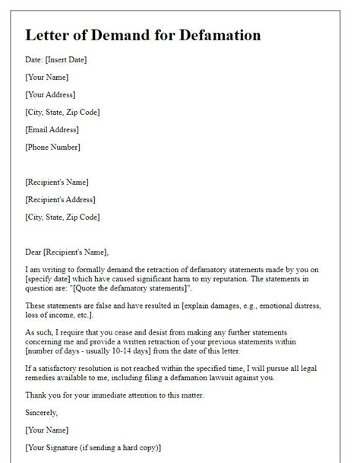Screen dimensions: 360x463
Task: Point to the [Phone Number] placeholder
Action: (x=52, y=147)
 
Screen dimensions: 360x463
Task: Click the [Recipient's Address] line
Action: (x=61, y=199)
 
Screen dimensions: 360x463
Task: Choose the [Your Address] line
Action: (x=50, y=95)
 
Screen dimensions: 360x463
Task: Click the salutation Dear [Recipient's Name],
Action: (x=67, y=252)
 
